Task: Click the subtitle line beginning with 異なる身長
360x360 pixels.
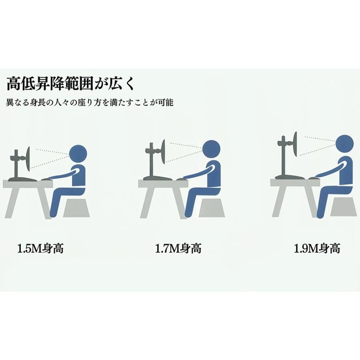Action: pos(90,102)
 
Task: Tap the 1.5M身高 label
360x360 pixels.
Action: pos(40,248)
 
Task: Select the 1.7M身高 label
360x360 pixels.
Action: pos(178,248)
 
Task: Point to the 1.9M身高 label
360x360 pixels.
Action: pos(317,248)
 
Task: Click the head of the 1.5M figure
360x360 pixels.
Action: pos(78,154)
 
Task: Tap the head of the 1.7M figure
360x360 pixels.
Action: pos(211,149)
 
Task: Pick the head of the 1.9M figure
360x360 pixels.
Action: pos(344,144)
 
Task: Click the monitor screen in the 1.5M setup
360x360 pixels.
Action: pos(28,159)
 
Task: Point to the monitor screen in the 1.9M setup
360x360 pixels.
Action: pos(295,144)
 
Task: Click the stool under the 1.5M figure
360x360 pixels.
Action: pos(76,208)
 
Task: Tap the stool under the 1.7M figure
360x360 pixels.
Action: pos(212,208)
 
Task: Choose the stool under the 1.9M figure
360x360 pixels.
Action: pos(344,207)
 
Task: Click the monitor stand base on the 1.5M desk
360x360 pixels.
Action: pos(22,179)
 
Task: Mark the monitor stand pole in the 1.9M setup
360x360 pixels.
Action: pos(284,156)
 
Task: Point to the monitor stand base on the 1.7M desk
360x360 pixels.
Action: pos(158,178)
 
